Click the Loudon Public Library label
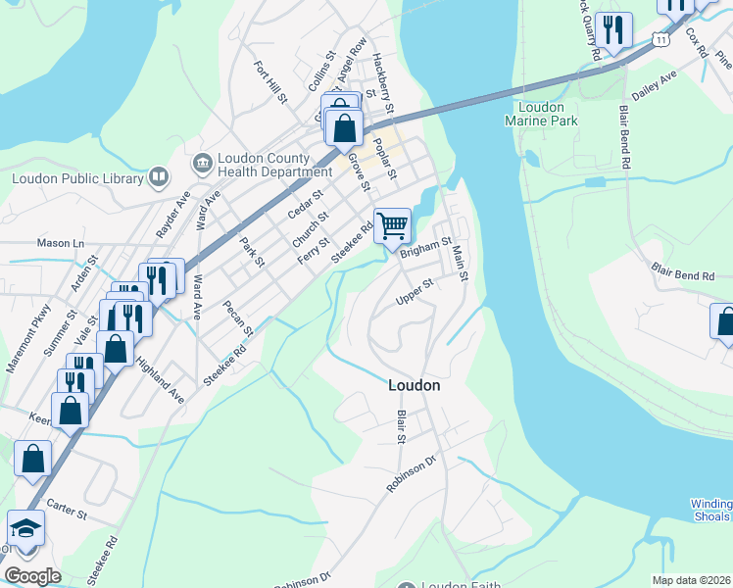[x=76, y=178]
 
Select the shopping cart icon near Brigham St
[x=392, y=225]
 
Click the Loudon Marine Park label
[x=541, y=114]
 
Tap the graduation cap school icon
[x=24, y=529]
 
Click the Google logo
[x=32, y=576]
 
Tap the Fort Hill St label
[x=269, y=83]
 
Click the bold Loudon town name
[x=414, y=385]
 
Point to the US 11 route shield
[x=661, y=39]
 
